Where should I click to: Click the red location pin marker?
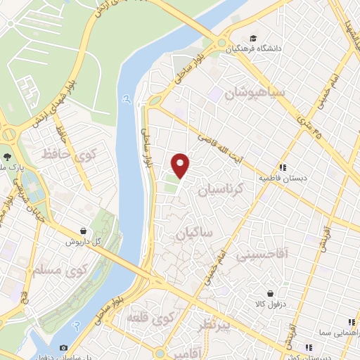click(x=181, y=165)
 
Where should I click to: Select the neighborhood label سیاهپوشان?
click(x=247, y=93)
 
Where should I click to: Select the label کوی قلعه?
click(x=150, y=319)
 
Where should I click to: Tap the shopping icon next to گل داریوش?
click(x=84, y=231)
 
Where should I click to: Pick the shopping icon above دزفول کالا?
click(x=271, y=294)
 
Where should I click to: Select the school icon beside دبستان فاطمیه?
click(x=282, y=167)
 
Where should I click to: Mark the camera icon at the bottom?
click(x=64, y=347)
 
